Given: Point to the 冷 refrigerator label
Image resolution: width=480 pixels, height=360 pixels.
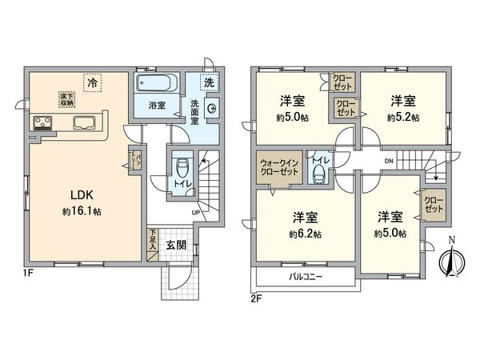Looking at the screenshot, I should (x=94, y=82).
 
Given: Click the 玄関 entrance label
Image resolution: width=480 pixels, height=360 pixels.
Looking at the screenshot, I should (x=176, y=245).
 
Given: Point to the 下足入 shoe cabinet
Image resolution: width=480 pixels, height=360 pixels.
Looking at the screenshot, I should (x=152, y=241).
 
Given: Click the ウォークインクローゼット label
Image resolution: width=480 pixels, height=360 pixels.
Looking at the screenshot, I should (x=275, y=170).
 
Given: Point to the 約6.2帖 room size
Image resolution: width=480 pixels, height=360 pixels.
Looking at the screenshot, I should (x=306, y=234).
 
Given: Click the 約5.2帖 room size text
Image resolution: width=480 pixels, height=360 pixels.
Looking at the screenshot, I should (x=402, y=117).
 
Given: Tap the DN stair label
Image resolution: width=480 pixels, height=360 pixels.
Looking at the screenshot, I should (x=388, y=162).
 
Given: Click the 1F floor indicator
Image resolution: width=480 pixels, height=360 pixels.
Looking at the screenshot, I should (x=27, y=272).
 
